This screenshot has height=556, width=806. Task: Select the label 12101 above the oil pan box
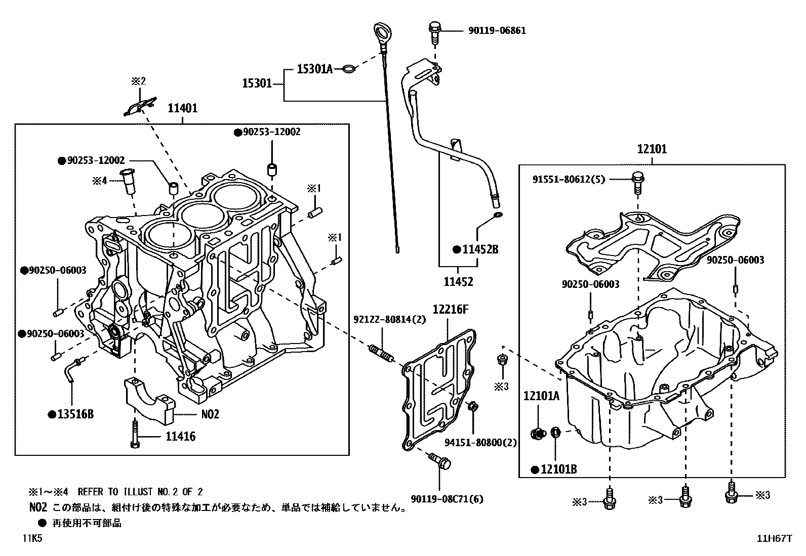coord(652,149)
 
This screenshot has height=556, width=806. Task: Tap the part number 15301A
coord(314,69)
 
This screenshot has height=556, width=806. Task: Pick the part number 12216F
coord(450,309)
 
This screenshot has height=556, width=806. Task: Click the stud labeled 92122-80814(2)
coord(381,353)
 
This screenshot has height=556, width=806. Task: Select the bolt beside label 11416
coord(135,434)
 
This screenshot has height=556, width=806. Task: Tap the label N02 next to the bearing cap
coord(209,414)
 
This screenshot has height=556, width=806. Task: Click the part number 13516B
coord(75,414)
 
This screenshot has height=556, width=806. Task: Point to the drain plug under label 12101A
coord(538,433)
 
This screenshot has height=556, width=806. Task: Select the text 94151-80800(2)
coord(480,443)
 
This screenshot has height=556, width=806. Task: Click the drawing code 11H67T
coord(774,539)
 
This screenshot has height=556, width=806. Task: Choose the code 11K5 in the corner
coord(32,539)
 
